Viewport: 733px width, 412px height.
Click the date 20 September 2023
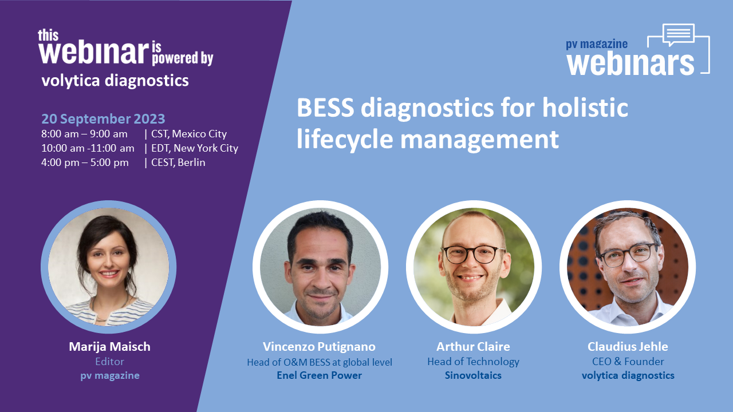[103, 118]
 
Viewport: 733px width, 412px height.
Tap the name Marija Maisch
[109, 347]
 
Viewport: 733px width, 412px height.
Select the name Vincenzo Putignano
[319, 347]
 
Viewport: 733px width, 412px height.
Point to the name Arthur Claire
[473, 347]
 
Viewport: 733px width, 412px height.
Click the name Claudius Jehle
[628, 347]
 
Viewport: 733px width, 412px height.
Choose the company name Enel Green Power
[319, 375]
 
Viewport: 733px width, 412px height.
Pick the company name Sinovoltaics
[473, 375]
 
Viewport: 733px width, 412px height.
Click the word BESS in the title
[325, 108]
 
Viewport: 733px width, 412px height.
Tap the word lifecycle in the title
[345, 140]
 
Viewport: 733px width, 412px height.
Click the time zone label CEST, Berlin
[178, 163]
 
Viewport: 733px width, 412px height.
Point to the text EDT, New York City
[195, 148]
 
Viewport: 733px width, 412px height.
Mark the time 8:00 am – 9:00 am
[84, 134]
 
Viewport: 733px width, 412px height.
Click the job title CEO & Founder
[628, 361]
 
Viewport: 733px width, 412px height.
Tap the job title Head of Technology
[473, 361]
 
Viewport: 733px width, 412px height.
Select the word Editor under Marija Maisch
[109, 361]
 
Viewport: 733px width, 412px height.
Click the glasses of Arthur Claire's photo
[473, 254]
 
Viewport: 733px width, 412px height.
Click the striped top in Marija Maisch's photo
[109, 312]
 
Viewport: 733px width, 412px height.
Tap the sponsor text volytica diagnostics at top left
[115, 81]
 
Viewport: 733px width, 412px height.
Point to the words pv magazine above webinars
[597, 44]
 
